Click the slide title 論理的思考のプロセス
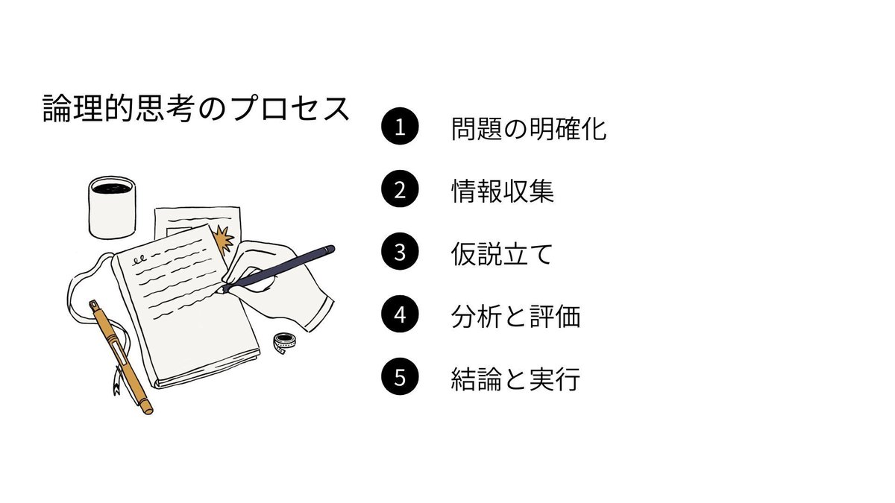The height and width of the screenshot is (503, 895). pos(196,110)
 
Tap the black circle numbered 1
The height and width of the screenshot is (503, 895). pos(400,127)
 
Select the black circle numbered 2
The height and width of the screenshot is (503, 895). pos(400,190)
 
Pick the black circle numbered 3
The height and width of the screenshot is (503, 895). pos(400,253)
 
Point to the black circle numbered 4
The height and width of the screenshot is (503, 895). pos(400,315)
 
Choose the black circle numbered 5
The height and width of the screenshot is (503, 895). pos(400,378)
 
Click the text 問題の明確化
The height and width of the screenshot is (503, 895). pos(529,129)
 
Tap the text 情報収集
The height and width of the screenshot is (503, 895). pos(503,192)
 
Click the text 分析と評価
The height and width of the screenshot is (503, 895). pos(515,317)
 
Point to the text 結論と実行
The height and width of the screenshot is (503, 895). pos(515,379)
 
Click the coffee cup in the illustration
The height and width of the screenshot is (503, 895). pos(112,205)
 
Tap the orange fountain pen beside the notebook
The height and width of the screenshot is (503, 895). pos(119,354)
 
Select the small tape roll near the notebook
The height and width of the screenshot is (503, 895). pos(284,344)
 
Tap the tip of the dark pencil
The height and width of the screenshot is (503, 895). pos(222,289)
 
